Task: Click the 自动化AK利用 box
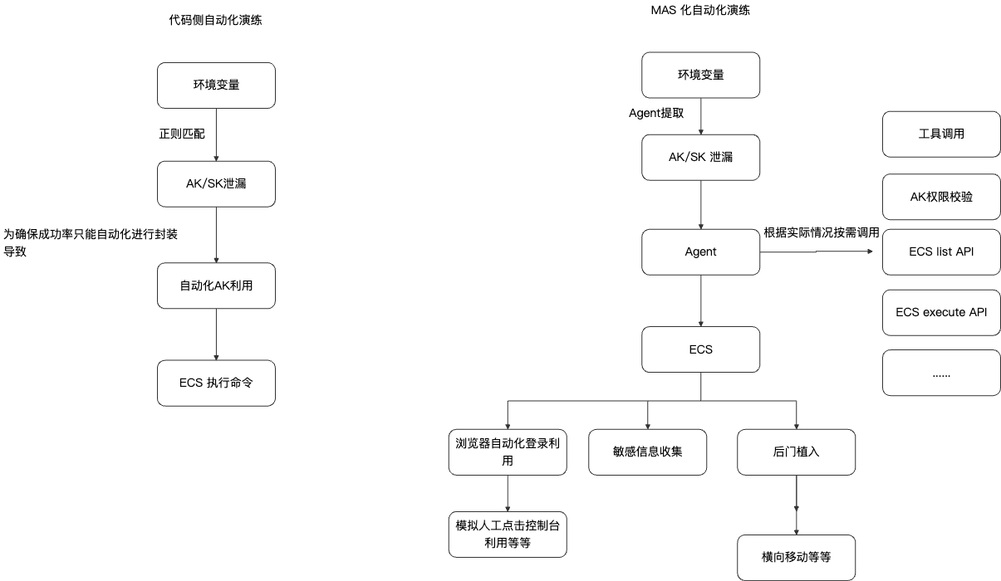[x=216, y=286]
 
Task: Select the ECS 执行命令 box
[x=216, y=383]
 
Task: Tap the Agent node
[x=700, y=251]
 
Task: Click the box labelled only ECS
[x=700, y=349]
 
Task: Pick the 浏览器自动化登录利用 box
[x=508, y=452]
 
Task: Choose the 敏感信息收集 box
[x=647, y=452]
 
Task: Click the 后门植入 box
[x=796, y=452]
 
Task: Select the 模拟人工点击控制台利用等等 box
[x=508, y=534]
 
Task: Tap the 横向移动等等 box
[x=796, y=557]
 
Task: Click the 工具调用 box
[x=941, y=134]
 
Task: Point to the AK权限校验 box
[x=941, y=197]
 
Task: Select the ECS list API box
[x=941, y=251]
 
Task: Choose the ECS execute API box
[x=941, y=312]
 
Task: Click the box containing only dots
[x=941, y=373]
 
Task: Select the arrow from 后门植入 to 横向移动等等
[x=797, y=505]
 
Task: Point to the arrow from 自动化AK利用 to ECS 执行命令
[x=216, y=334]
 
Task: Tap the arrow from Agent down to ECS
[x=700, y=300]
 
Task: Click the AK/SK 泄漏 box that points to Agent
[x=700, y=157]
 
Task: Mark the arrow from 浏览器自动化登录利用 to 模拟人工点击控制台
[x=508, y=493]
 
